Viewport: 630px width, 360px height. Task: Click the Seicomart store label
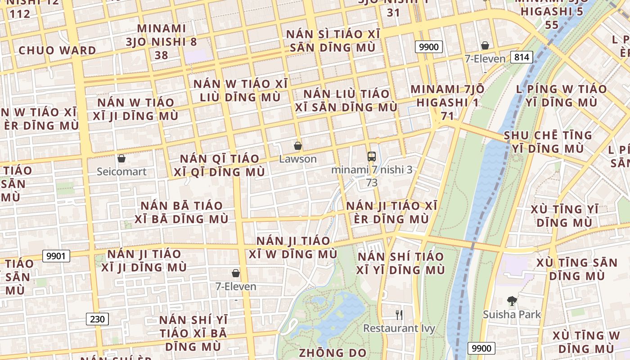click(x=122, y=171)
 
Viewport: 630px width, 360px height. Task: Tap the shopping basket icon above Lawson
click(x=297, y=146)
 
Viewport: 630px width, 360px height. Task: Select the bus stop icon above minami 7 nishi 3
click(x=372, y=157)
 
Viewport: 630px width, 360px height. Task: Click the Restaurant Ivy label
click(x=399, y=328)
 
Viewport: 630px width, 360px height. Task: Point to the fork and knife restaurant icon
click(x=399, y=315)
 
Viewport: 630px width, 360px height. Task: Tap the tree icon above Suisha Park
click(x=512, y=301)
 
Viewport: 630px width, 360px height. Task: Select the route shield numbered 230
click(x=97, y=319)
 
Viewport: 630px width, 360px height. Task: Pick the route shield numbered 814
click(x=522, y=57)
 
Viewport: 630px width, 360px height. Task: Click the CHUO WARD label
click(x=58, y=50)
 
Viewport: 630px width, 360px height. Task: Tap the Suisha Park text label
click(x=512, y=314)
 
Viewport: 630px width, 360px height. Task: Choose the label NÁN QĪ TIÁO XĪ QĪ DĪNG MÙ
click(x=220, y=165)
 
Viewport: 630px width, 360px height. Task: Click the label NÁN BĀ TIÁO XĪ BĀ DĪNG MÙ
click(x=182, y=212)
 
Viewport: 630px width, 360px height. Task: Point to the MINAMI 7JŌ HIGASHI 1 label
click(x=447, y=95)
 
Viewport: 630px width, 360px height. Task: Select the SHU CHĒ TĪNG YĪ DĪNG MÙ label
click(x=548, y=142)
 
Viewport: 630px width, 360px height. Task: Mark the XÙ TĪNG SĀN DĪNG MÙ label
click(x=577, y=269)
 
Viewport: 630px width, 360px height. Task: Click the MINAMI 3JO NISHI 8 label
click(x=162, y=41)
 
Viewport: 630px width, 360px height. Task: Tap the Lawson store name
click(x=298, y=159)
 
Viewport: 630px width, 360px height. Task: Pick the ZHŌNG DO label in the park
click(x=333, y=353)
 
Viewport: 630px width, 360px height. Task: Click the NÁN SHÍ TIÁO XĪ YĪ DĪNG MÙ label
click(x=400, y=263)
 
